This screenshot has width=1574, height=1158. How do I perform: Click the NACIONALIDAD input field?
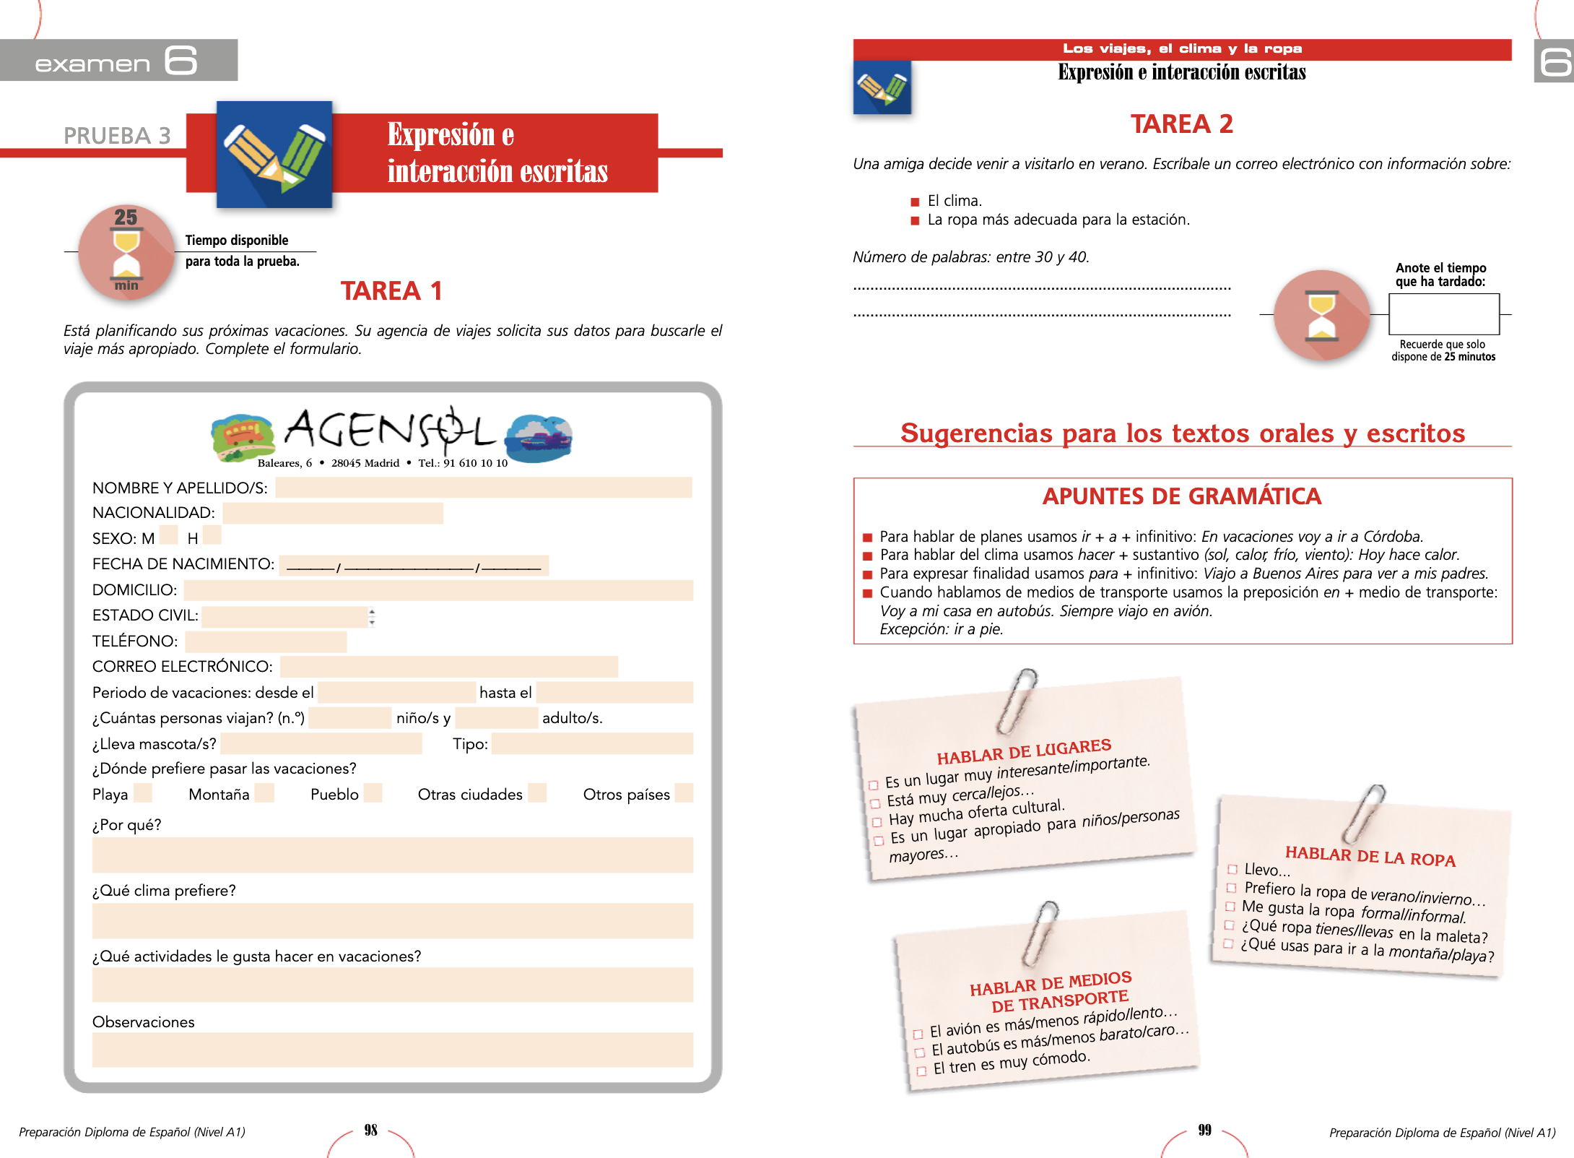[x=333, y=513]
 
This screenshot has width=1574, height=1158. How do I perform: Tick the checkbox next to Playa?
[x=143, y=793]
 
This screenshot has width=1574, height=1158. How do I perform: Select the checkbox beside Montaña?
[x=265, y=793]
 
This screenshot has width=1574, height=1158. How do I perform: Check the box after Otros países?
[x=683, y=793]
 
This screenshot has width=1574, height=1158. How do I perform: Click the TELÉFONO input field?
[x=266, y=641]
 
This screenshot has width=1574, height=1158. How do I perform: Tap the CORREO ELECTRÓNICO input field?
[x=448, y=666]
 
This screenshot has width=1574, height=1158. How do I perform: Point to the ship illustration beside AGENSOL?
[x=539, y=437]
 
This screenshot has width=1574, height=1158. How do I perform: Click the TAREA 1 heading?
[x=391, y=290]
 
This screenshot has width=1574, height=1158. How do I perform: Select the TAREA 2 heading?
[x=1182, y=124]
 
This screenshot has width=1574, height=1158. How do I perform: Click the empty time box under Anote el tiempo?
[x=1444, y=314]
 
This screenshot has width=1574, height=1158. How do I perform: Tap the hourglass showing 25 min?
[x=126, y=251]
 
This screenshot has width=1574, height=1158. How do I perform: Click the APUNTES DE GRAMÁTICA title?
[x=1182, y=496]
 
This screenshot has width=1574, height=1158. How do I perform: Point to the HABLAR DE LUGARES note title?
[x=1024, y=751]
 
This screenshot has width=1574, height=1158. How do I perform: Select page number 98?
[x=371, y=1131]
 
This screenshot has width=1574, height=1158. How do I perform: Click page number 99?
[x=1204, y=1131]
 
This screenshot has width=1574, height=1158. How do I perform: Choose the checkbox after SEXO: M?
[x=168, y=535]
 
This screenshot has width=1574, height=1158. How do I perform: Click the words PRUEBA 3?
[x=117, y=136]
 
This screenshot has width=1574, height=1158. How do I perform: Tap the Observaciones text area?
[x=392, y=1050]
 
